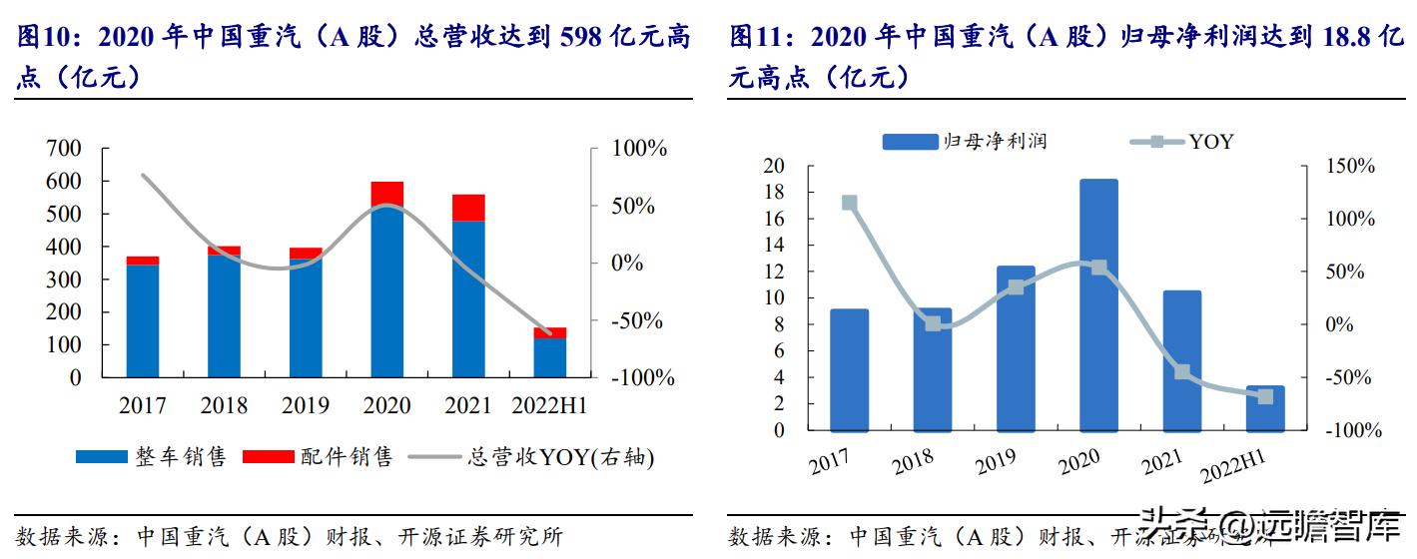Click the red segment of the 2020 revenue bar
pos(386,194)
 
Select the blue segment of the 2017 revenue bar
pos(143,320)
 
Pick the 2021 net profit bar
pos(1182,360)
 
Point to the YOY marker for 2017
pos(850,203)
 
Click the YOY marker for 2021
pos(1182,371)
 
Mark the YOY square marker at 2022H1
pos(1265,396)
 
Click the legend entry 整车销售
pos(152,457)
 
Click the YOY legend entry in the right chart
pos(1182,142)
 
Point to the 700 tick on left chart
pos(64,149)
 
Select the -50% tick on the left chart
pos(633,321)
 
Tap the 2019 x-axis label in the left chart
pos(306,405)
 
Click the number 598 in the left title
pos(581,39)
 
